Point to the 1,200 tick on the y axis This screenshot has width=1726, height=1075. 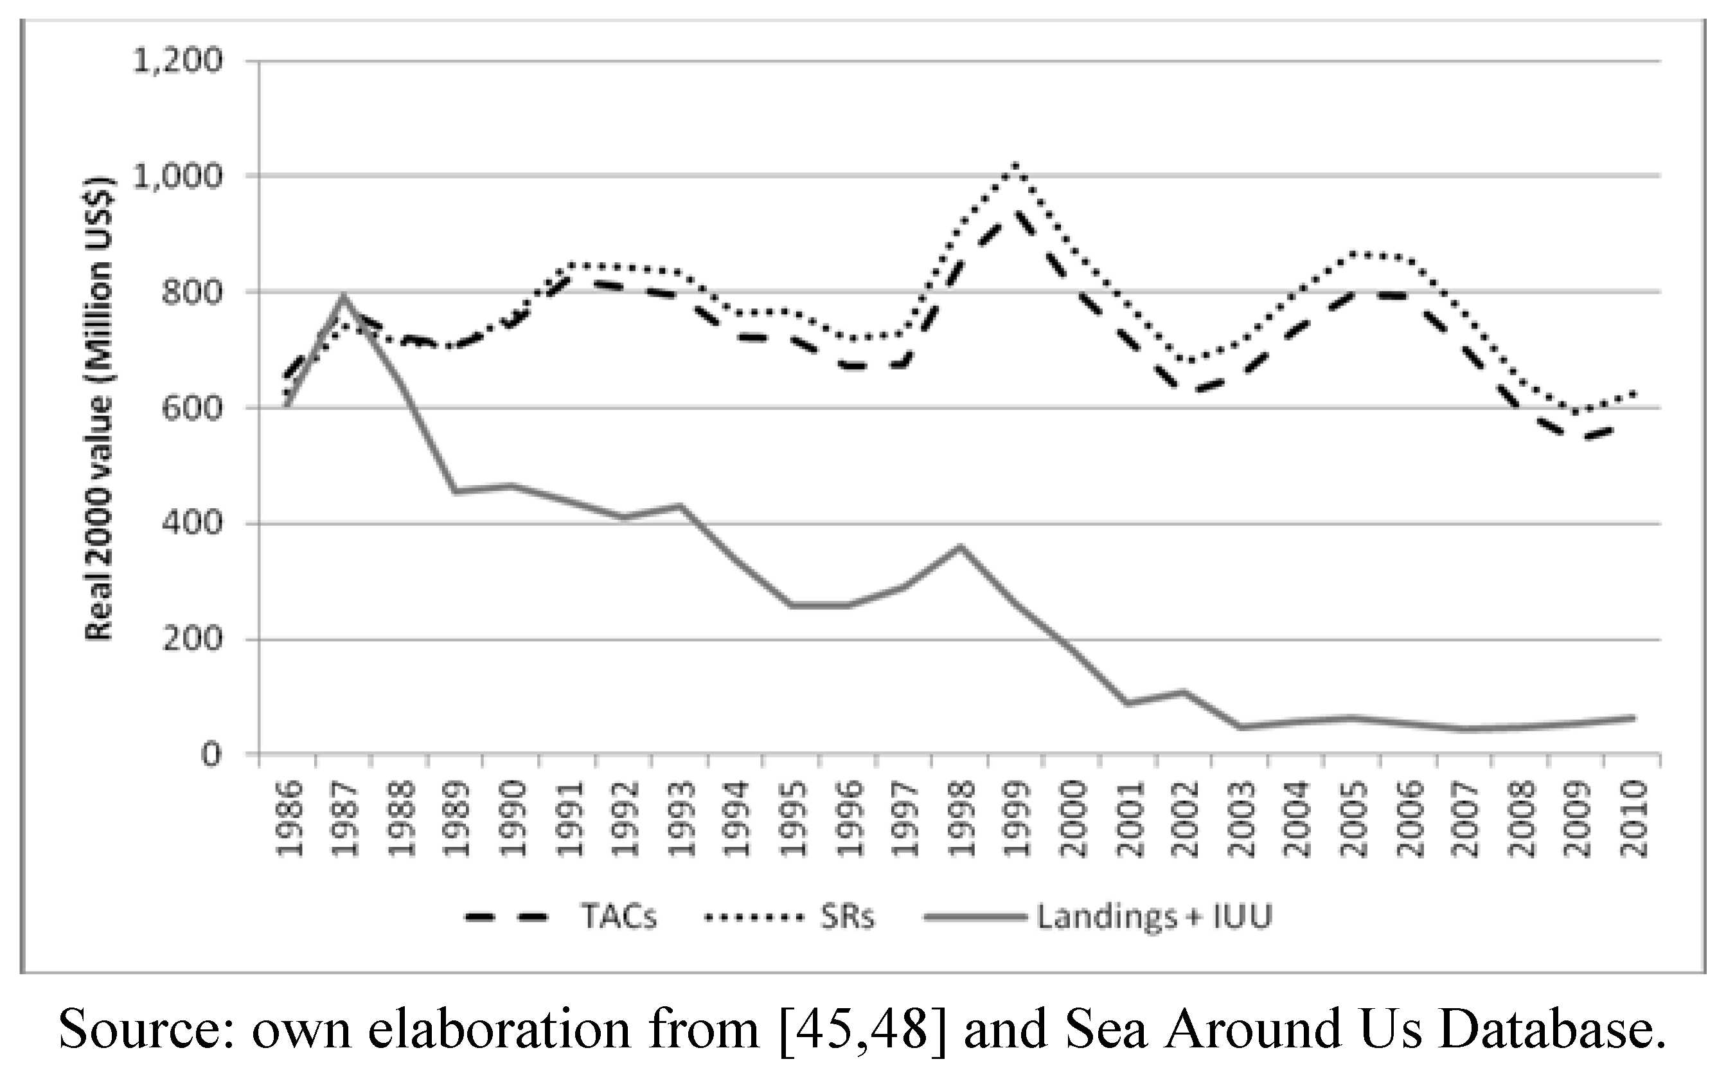click(179, 61)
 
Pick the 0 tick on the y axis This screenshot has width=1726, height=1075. click(210, 754)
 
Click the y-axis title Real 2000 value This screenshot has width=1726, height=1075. click(99, 408)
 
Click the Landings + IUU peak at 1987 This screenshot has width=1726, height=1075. click(343, 298)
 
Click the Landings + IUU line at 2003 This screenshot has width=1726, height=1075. click(1240, 727)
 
